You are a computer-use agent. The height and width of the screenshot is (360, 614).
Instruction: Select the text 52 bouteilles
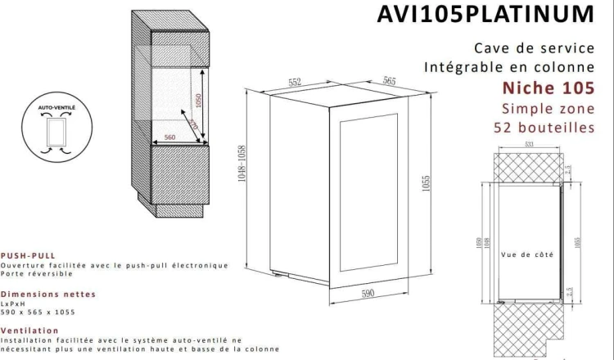[x=544, y=128]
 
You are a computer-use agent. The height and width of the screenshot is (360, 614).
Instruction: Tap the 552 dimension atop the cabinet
[x=296, y=82]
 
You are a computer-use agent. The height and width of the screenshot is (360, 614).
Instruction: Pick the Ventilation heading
[x=30, y=331]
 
